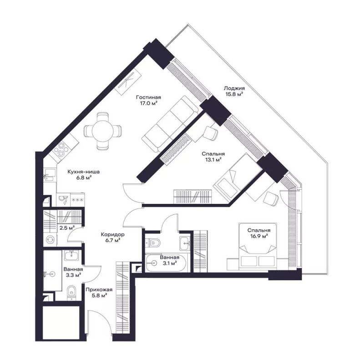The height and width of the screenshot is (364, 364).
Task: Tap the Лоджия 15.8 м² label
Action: (x=234, y=91)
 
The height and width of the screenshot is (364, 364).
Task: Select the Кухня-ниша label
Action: (x=84, y=172)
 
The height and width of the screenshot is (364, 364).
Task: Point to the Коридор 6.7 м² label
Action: (x=112, y=238)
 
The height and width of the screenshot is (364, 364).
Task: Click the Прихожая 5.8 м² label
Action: (x=99, y=293)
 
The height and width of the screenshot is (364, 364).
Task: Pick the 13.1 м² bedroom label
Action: (x=213, y=157)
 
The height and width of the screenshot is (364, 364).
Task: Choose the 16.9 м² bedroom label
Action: (x=259, y=233)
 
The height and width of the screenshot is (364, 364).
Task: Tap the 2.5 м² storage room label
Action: (x=67, y=228)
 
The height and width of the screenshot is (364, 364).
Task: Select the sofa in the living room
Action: (x=170, y=124)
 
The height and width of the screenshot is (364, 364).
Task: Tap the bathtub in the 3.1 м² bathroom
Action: (x=166, y=263)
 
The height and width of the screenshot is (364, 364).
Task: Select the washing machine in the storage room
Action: (x=51, y=239)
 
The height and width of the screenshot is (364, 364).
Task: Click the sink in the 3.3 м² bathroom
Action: (x=72, y=256)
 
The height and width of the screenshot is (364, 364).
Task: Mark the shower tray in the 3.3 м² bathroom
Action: (x=52, y=270)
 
